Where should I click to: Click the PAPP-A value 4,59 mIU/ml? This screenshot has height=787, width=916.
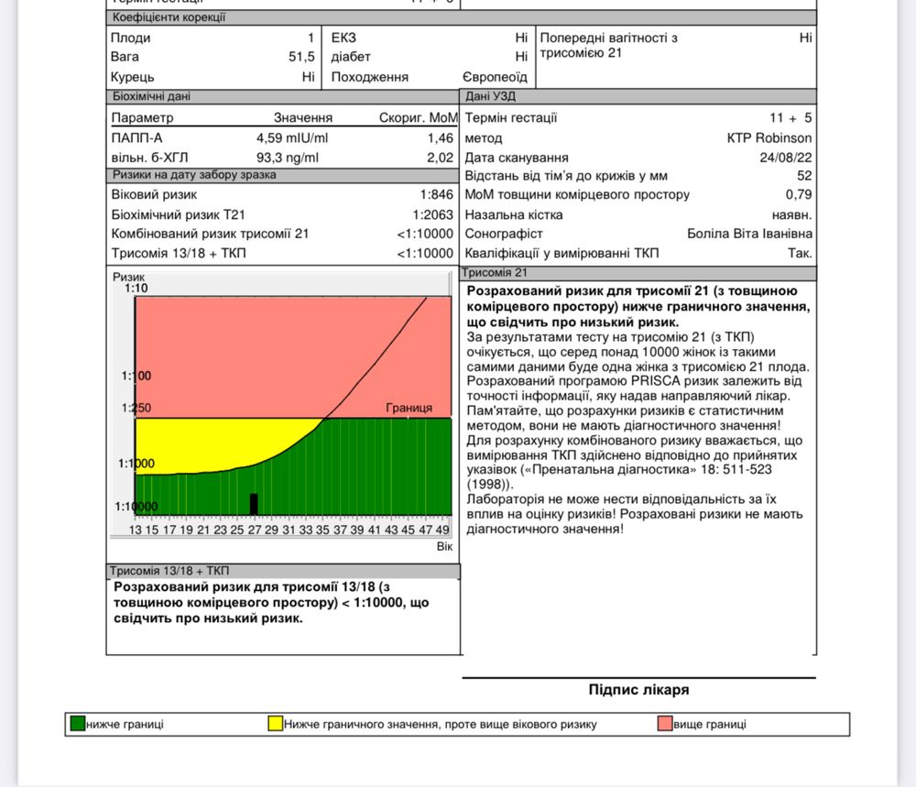(292, 137)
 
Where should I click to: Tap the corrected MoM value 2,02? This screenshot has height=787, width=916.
(440, 157)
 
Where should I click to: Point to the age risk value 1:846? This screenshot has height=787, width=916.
(437, 194)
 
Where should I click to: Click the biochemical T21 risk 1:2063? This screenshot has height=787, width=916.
(433, 214)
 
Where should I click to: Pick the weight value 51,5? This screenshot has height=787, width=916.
(300, 57)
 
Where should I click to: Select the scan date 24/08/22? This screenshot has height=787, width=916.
(786, 158)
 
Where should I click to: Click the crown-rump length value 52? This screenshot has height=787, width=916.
(804, 176)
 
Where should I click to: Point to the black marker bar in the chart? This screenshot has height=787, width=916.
(255, 504)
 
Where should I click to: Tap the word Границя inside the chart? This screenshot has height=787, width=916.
(409, 408)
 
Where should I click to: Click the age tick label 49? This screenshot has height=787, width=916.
(442, 530)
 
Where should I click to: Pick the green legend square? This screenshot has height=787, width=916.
(77, 724)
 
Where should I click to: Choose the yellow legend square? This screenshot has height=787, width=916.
(275, 724)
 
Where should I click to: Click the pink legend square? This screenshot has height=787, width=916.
(665, 724)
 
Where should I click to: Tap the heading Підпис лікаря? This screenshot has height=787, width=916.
(638, 690)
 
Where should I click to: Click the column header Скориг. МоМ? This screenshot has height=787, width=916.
(418, 118)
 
